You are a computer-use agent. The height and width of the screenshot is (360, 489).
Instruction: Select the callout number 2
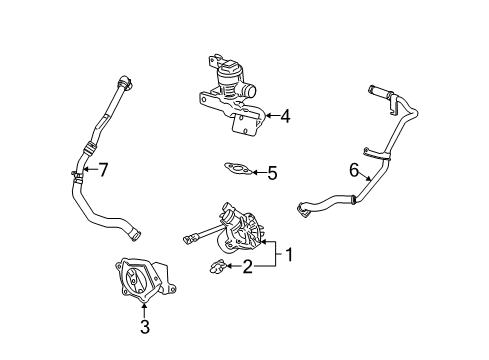click(247, 266)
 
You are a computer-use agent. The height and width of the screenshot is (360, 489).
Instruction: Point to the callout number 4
click(285, 117)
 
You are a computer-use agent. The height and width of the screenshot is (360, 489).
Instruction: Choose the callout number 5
click(271, 173)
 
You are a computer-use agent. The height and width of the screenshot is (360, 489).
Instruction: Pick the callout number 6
click(352, 171)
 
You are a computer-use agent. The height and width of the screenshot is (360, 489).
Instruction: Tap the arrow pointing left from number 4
click(268, 117)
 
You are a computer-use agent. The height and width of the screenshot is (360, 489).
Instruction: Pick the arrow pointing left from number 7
click(87, 170)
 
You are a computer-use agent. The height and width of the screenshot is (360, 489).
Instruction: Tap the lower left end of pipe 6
click(301, 209)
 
